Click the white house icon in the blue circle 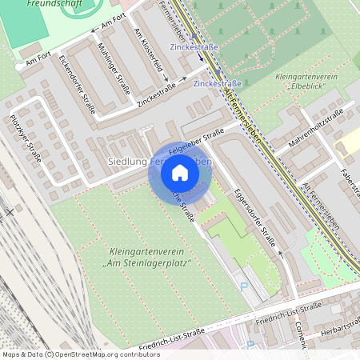coord(180,173)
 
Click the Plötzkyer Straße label coord(26,138)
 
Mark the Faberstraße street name coord(349,185)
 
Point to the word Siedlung coord(126,162)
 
